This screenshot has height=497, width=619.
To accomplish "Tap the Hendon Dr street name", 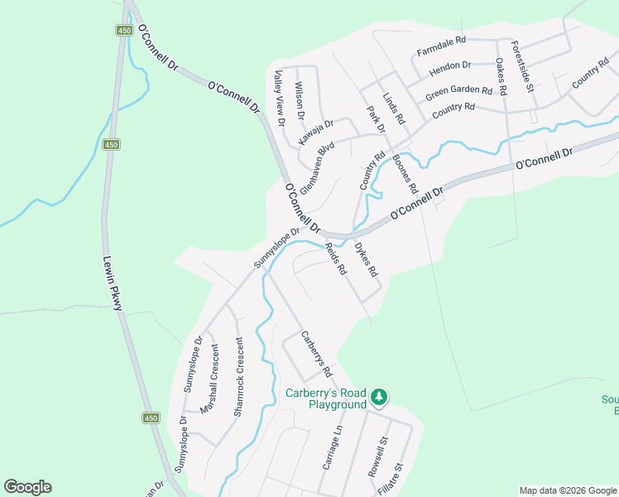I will pos(450,64).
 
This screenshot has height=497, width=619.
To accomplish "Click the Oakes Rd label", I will pos(501,75).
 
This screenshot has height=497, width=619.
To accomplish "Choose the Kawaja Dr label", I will pos(315,132).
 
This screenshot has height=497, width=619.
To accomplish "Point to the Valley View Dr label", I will pos(280,98).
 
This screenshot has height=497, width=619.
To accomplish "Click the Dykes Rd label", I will pos(366,258).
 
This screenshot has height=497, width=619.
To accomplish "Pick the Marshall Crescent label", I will pos(214,379).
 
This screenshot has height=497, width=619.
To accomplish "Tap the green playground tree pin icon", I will pos(379,397).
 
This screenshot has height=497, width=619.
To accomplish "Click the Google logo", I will pos(27,487).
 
